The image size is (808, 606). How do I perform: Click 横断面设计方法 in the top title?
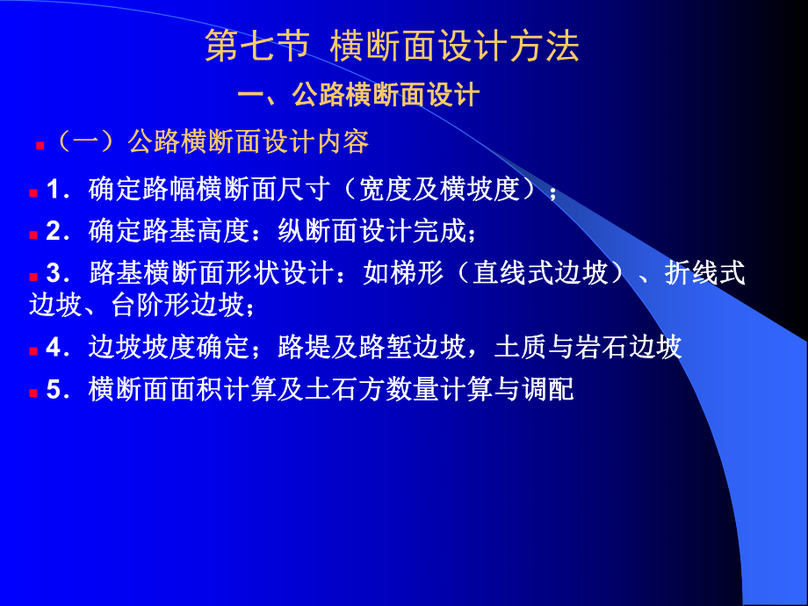[455, 47]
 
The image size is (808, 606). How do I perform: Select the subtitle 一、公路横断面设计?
[358, 95]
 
